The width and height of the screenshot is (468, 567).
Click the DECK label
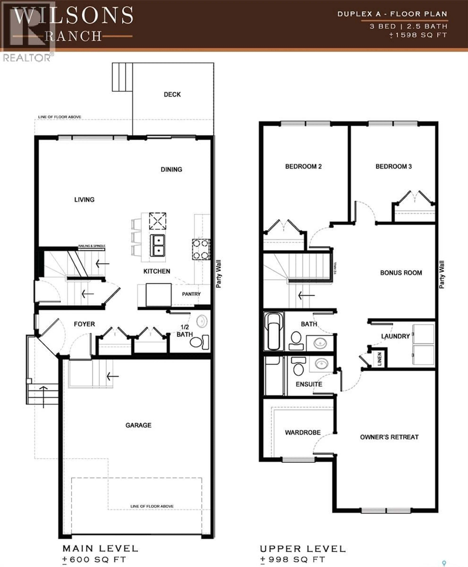point(172,94)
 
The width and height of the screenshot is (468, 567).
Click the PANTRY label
point(191,294)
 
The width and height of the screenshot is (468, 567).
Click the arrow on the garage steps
point(112,376)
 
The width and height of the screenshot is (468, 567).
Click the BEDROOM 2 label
point(303,166)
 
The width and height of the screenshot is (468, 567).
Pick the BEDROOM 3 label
point(394,166)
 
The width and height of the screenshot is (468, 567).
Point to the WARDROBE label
point(303,432)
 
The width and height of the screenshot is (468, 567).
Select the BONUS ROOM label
point(401,273)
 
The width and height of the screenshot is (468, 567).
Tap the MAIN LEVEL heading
point(100,548)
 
